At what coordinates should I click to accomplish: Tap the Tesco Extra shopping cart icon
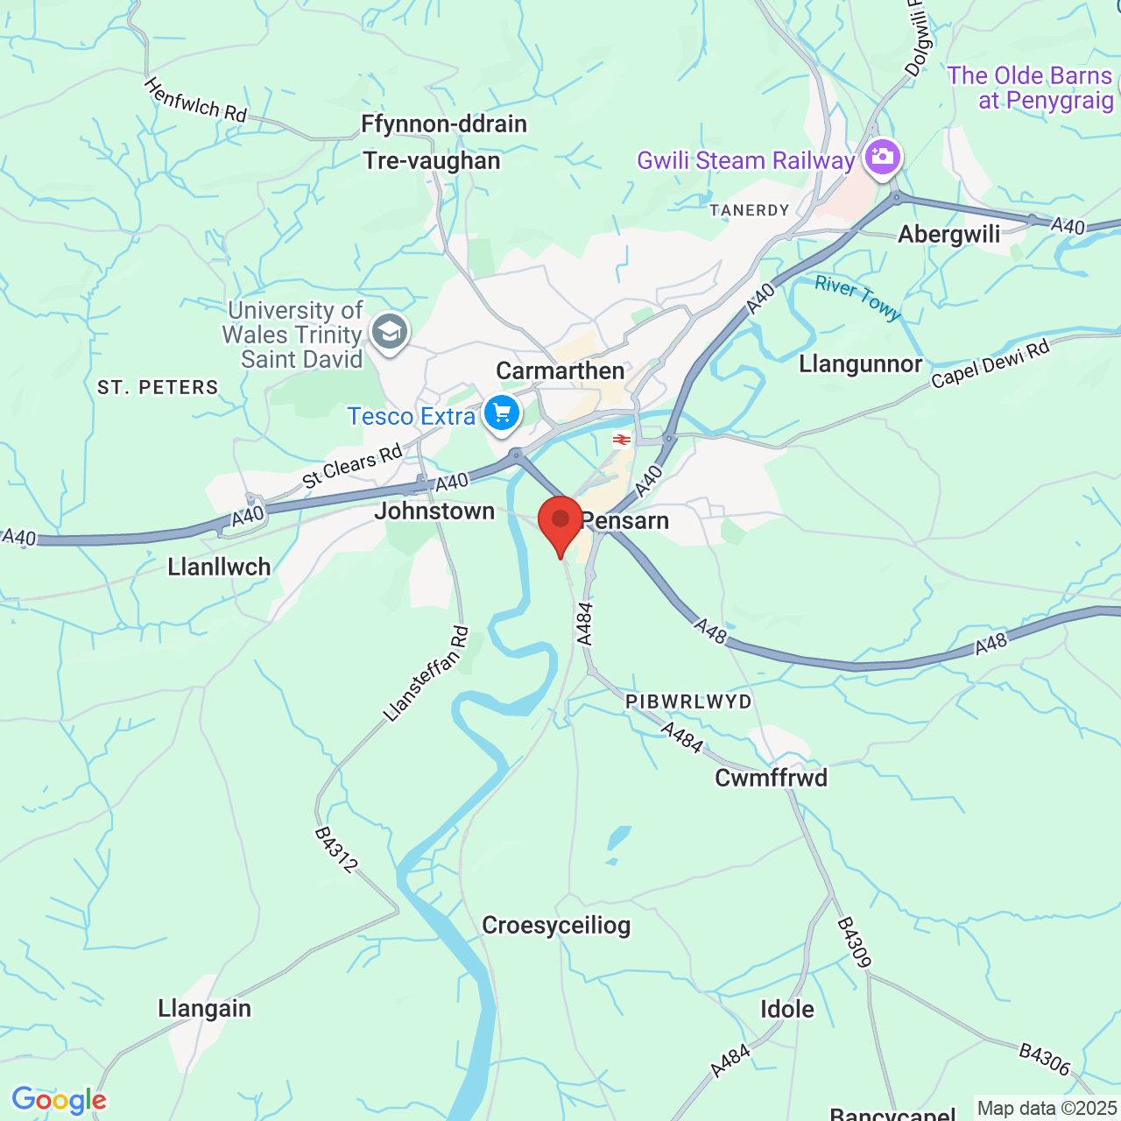click(x=501, y=412)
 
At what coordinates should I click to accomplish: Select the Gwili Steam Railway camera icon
click(x=882, y=158)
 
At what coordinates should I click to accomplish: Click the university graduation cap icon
click(x=389, y=332)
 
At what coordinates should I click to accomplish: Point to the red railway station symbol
click(x=622, y=439)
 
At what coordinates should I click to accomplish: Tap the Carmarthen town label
click(x=560, y=370)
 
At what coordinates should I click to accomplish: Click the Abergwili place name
click(x=949, y=234)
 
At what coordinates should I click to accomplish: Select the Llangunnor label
click(x=860, y=363)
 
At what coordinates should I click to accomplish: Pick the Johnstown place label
click(x=434, y=511)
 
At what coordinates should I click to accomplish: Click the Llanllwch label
click(x=219, y=567)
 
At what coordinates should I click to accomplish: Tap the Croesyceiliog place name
click(x=556, y=926)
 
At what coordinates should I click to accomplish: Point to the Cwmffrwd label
click(x=771, y=778)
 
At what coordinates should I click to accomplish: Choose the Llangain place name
click(x=204, y=1008)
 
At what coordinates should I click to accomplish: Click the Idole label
click(x=786, y=1009)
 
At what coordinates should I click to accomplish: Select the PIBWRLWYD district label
click(x=688, y=702)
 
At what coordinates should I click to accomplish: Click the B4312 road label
click(x=336, y=850)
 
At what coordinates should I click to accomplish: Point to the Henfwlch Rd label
click(x=195, y=101)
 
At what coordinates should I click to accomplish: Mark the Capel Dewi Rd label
click(x=990, y=364)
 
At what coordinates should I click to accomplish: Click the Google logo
click(x=59, y=1101)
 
